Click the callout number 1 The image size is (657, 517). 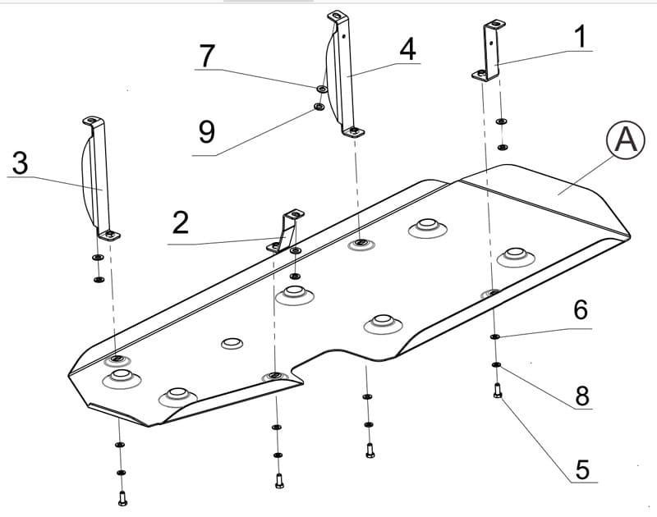pos(580,36)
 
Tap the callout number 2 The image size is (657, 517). pos(181,222)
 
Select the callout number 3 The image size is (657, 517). pos(20,162)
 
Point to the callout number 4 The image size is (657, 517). pos(407,49)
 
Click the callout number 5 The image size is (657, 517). pos(582,469)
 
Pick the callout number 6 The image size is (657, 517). pos(581,309)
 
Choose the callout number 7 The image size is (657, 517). pos(207,56)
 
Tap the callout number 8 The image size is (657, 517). pos(582,395)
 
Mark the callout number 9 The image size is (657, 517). pos(207,131)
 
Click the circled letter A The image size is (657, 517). pos(626,140)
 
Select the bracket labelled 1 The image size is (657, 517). pos(489,50)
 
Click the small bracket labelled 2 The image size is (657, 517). pos(286,231)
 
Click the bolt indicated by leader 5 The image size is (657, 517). pos(498,391)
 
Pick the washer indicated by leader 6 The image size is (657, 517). pos(494,336)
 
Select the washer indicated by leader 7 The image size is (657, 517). pos(322,89)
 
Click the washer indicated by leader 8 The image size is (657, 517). pos(496,365)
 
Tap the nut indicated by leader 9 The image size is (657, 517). pos(319,107)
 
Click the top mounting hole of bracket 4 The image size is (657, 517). pos(336,16)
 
